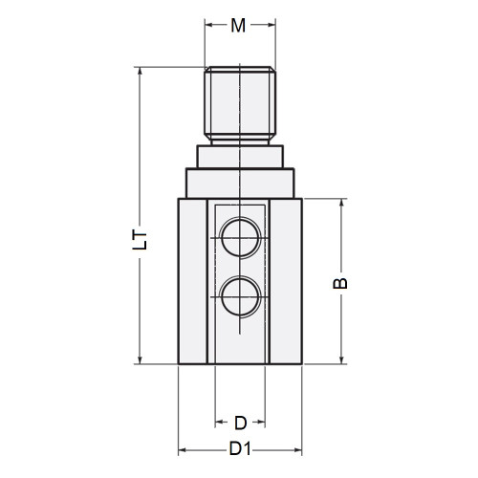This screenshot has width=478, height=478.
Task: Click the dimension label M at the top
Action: coord(239,26)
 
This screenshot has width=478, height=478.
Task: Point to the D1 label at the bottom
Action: coord(240,448)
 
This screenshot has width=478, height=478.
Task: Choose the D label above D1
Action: coord(240,422)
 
